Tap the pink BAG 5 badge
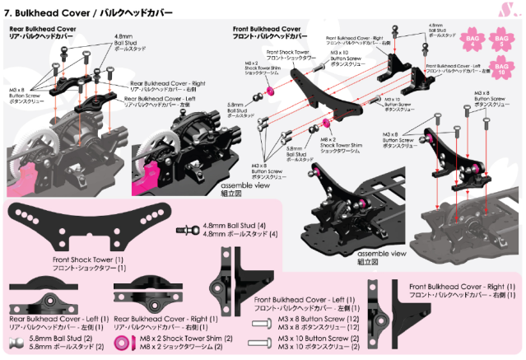click(x=500, y=40)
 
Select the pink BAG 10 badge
click(x=500, y=68)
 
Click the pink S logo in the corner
click(x=512, y=12)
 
